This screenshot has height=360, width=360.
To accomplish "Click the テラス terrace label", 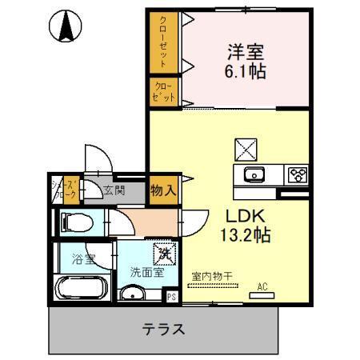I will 165,328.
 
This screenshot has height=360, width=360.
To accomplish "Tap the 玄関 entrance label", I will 114,190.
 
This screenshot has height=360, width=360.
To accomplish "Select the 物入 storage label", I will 163,190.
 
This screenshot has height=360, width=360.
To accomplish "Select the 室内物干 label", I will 212,277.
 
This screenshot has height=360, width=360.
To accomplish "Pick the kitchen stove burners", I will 297,174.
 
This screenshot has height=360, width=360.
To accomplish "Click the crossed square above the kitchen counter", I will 244,149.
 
